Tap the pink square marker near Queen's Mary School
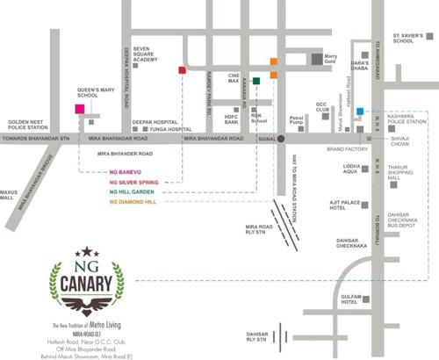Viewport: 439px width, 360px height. pos(80,109)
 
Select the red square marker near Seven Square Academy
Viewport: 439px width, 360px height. pos(182,69)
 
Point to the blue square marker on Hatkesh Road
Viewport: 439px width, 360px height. pos(359,101)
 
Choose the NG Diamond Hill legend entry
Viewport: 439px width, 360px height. pos(133,202)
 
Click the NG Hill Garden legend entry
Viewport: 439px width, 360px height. pos(132,191)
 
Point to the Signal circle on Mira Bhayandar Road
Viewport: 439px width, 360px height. pos(282,139)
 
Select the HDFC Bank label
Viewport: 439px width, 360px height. pos(232,119)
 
